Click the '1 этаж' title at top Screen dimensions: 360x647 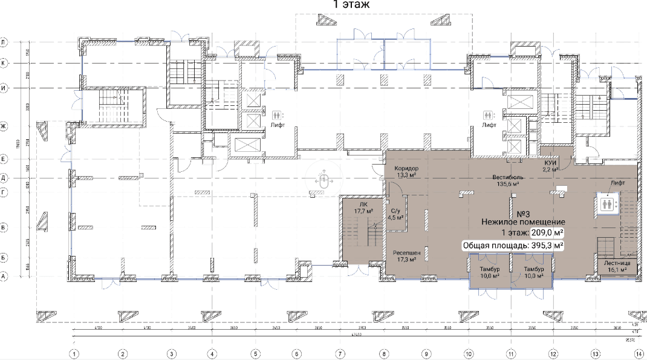coord(351,4)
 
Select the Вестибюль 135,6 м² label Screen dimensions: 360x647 coord(510,180)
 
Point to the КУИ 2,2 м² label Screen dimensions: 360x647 coord(550,167)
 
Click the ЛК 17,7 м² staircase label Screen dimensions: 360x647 coord(363,208)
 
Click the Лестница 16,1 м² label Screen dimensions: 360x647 coord(617,267)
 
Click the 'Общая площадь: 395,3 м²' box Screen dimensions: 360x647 coord(513,246)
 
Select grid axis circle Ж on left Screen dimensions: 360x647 coord(4,126)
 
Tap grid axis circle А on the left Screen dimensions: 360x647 coord(4,276)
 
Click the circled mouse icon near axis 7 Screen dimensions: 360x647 coord(325,180)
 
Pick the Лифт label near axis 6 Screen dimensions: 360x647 coord(277,125)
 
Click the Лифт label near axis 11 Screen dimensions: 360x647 coord(489,125)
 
